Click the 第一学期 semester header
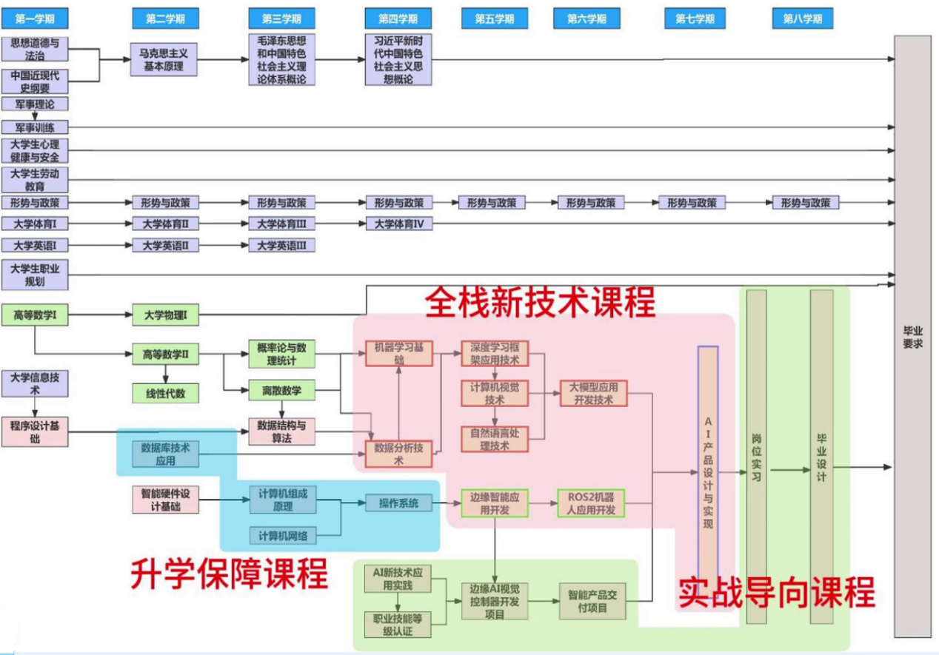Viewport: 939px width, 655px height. pos(35,19)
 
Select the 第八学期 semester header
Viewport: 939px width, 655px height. pos(803,19)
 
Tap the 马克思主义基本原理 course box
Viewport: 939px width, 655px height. pos(164,59)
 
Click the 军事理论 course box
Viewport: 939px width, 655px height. pos(35,104)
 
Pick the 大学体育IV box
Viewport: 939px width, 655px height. pos(398,224)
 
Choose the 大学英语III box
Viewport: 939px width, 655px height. pos(281,245)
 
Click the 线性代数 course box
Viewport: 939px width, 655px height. pos(166,394)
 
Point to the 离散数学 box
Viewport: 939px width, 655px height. pos(281,391)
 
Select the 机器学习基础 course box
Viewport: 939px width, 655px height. pos(398,353)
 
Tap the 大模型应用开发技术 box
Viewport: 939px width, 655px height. pos(594,393)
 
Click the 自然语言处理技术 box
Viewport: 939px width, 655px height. pos(495,439)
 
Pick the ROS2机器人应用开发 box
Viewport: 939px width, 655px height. pos(591,503)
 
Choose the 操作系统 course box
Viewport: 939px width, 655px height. pos(398,503)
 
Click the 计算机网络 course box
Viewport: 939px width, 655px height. pos(283,536)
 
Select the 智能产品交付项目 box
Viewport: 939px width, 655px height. pos(592,601)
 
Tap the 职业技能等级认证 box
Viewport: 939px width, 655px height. pos(398,625)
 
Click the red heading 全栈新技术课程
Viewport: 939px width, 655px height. pos(540,303)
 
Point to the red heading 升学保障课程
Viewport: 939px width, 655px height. pos(229,574)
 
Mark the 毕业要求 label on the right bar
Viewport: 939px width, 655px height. pos(912,337)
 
